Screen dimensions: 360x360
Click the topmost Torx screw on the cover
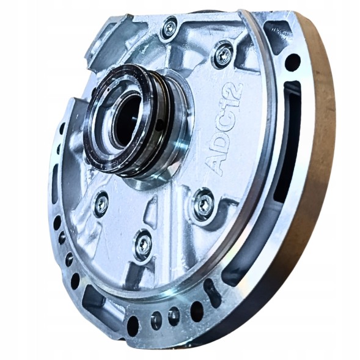(x=171, y=29)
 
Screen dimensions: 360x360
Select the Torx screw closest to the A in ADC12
(x=205, y=205)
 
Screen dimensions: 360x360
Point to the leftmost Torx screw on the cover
(x=101, y=204)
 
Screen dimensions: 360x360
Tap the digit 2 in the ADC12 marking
(x=234, y=90)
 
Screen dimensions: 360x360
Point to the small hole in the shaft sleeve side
(x=161, y=123)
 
